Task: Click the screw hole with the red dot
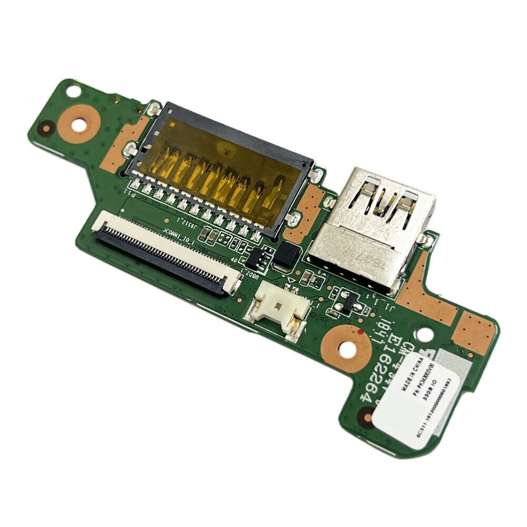pyautogui.click(x=346, y=348)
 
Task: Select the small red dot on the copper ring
pyautogui.click(x=359, y=333)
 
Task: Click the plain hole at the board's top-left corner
pyautogui.click(x=71, y=91)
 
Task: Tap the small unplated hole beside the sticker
pyautogui.click(x=424, y=334)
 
